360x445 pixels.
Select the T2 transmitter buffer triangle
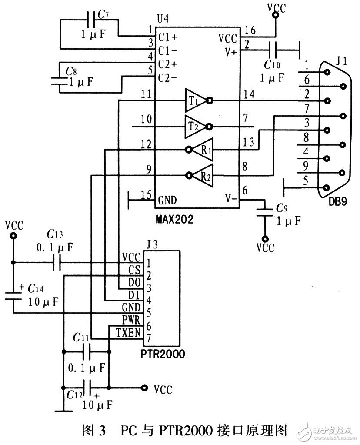(195, 127)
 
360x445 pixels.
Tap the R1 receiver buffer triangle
(203, 151)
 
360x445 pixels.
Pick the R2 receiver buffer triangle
(203, 176)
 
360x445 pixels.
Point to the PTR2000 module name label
(163, 354)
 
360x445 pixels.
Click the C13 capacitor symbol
(56, 263)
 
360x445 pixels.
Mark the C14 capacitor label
(37, 288)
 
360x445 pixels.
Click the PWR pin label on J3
(130, 321)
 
